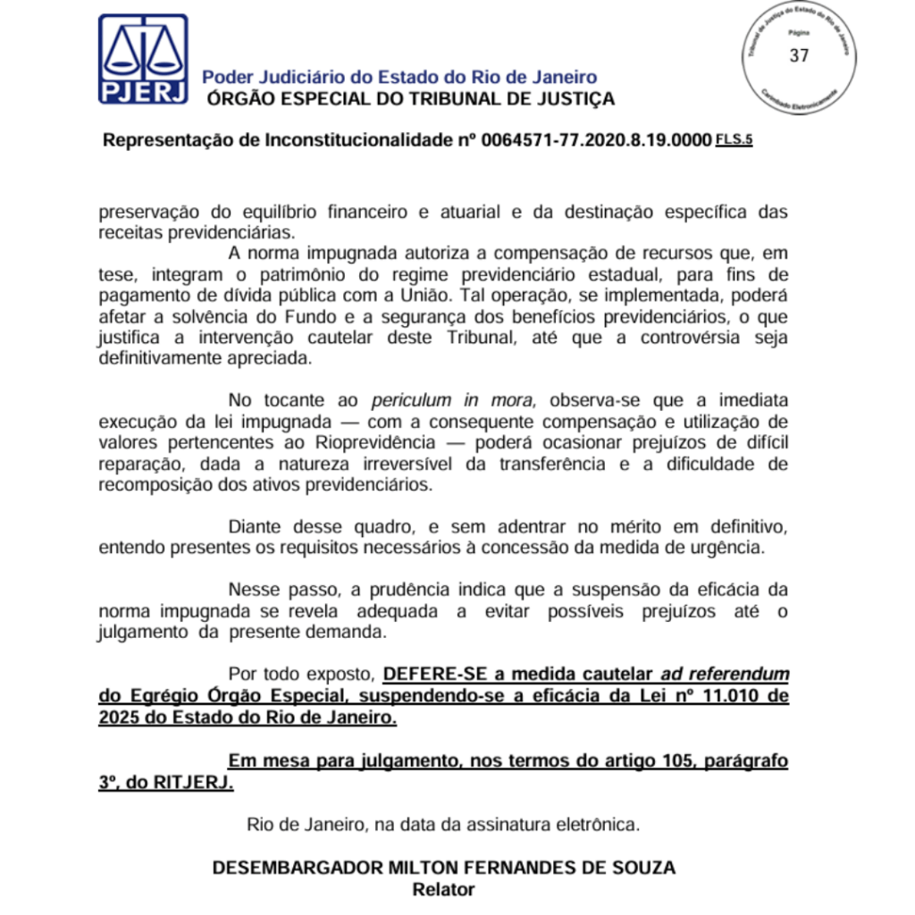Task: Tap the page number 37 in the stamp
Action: [799, 55]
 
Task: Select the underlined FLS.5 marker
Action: [734, 139]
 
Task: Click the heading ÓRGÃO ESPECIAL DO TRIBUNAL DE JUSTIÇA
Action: [411, 99]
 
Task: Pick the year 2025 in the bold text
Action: [120, 718]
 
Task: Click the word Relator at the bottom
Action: [443, 889]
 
